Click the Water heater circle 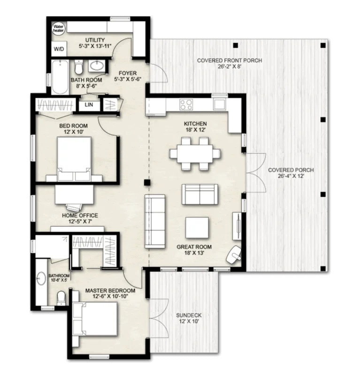pos(59,29)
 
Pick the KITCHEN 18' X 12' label pos(196,127)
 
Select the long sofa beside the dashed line pos(155,222)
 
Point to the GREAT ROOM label pos(194,250)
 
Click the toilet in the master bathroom pos(61,297)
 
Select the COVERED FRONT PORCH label pos(229,64)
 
